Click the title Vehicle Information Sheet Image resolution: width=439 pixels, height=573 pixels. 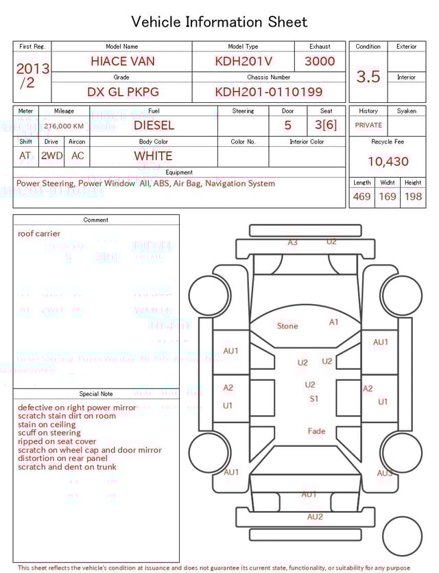pyautogui.click(x=219, y=22)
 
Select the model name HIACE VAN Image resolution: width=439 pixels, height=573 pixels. pyautogui.click(x=122, y=61)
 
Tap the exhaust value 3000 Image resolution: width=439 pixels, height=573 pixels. pyautogui.click(x=320, y=61)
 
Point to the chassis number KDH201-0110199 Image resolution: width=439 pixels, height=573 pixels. pyautogui.click(x=269, y=92)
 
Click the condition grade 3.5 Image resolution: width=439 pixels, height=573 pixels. pyautogui.click(x=368, y=76)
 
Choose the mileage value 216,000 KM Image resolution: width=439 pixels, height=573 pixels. pyautogui.click(x=64, y=126)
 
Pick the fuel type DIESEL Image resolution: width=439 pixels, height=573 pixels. pyautogui.click(x=154, y=126)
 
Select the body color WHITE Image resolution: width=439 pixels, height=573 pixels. pyautogui.click(x=154, y=156)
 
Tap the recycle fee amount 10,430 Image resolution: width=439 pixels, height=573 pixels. pyautogui.click(x=388, y=162)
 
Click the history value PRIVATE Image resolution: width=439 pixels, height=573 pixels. pyautogui.click(x=368, y=126)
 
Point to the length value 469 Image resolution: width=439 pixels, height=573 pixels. pyautogui.click(x=361, y=197)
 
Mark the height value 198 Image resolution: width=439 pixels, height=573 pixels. pyautogui.click(x=413, y=197)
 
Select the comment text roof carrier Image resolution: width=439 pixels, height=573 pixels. pyautogui.click(x=39, y=233)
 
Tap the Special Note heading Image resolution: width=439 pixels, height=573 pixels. pyautogui.click(x=96, y=394)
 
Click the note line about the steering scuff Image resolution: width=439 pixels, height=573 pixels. pyautogui.click(x=49, y=433)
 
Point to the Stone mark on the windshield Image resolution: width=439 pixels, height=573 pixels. pyautogui.click(x=287, y=326)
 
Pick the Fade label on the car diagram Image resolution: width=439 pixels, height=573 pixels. pyautogui.click(x=316, y=431)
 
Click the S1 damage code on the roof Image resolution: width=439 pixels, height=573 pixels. pyautogui.click(x=313, y=399)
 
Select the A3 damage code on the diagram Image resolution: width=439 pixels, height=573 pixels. pyautogui.click(x=293, y=243)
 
